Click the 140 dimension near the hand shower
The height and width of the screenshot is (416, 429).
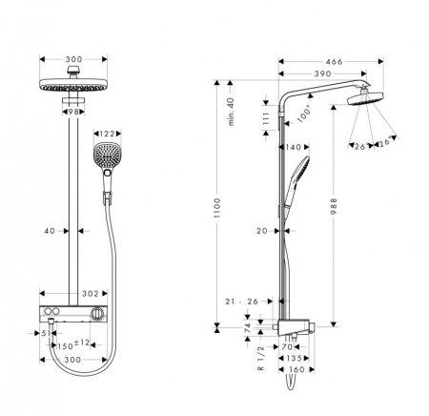click(293, 148)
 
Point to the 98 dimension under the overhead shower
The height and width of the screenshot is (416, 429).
click(74, 112)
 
